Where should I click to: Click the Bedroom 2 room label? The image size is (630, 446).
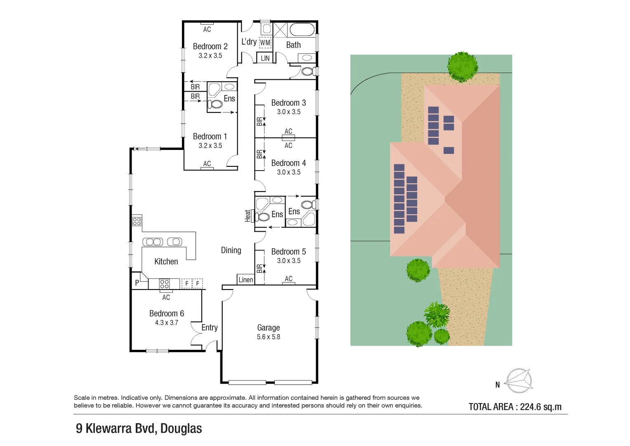pyautogui.click(x=210, y=46)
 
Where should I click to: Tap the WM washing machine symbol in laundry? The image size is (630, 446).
pyautogui.click(x=265, y=43)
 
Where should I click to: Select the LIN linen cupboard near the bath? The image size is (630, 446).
pyautogui.click(x=265, y=58)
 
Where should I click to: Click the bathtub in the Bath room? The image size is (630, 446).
pyautogui.click(x=302, y=30)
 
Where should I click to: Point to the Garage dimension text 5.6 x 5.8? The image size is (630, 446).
pyautogui.click(x=268, y=337)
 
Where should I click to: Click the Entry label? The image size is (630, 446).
pyautogui.click(x=210, y=327)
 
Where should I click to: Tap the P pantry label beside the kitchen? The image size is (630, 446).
pyautogui.click(x=137, y=283)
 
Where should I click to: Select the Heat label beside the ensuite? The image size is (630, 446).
pyautogui.click(x=248, y=216)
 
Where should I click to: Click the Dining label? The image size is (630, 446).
pyautogui.click(x=231, y=250)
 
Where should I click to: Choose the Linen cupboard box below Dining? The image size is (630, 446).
pyautogui.click(x=245, y=280)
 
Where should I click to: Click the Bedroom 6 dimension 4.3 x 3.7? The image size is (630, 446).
pyautogui.click(x=167, y=323)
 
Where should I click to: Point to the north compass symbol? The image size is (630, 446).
pyautogui.click(x=519, y=381)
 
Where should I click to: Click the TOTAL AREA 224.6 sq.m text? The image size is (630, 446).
pyautogui.click(x=515, y=407)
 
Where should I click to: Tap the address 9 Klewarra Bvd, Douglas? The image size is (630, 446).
pyautogui.click(x=139, y=428)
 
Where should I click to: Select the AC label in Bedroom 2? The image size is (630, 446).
pyautogui.click(x=207, y=29)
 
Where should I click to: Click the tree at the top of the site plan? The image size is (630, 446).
pyautogui.click(x=462, y=66)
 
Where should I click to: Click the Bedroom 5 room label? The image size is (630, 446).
pyautogui.click(x=288, y=251)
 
